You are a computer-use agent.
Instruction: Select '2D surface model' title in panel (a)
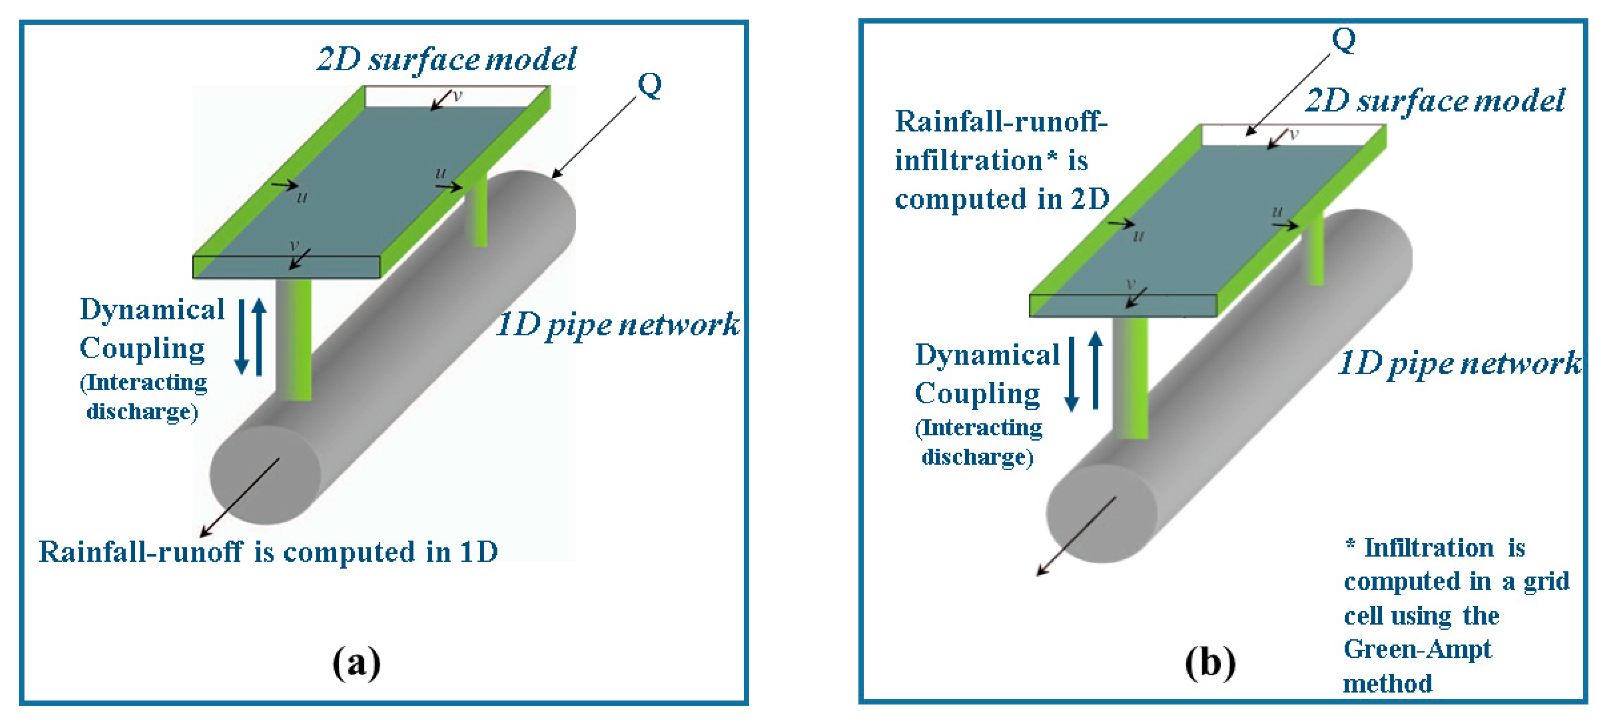(x=447, y=60)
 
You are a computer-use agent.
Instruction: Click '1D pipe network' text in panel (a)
(x=618, y=325)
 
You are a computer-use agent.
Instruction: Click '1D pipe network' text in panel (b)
(x=1459, y=363)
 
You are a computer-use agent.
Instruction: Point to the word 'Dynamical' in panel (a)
(x=152, y=309)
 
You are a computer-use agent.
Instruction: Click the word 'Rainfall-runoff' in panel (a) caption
(x=140, y=551)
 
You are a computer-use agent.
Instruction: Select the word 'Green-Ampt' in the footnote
(x=1417, y=650)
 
